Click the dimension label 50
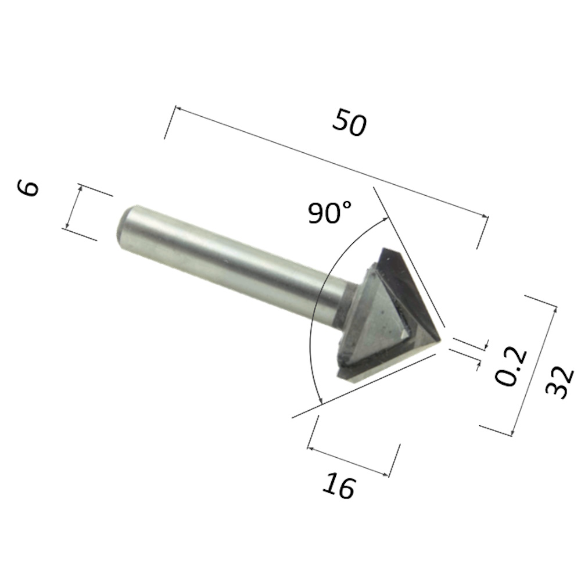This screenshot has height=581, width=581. point(349,122)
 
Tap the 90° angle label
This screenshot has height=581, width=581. point(329,213)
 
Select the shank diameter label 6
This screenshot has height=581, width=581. point(28,188)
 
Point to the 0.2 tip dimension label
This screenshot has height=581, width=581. point(511,366)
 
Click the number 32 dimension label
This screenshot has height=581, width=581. point(560,383)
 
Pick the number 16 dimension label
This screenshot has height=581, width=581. point(339,485)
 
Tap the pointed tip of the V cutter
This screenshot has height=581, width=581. point(440,339)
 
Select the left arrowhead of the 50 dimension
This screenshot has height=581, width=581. point(178,109)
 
